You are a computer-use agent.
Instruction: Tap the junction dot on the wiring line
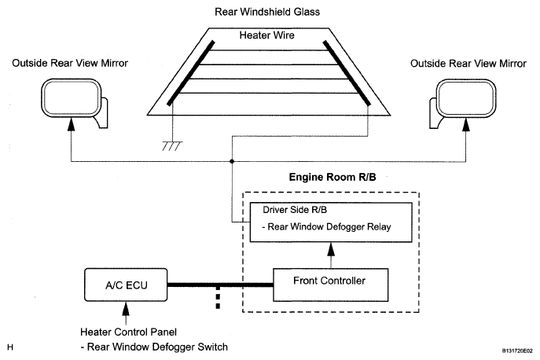[232, 162]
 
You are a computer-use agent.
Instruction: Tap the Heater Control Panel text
[123, 331]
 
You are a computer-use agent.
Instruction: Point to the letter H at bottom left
[9, 347]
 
